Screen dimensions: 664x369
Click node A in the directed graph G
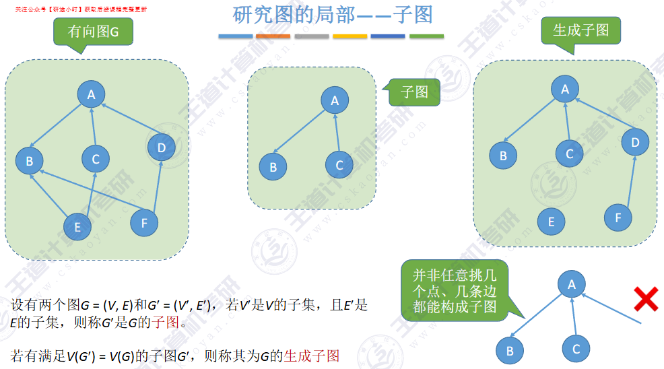point(92,94)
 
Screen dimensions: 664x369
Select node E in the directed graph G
point(77,227)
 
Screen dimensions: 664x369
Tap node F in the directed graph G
point(143,222)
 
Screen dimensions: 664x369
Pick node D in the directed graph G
point(161,147)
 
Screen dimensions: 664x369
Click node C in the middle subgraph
point(339,164)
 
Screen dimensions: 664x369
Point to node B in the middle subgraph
point(273,166)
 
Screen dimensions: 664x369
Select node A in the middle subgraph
point(335,101)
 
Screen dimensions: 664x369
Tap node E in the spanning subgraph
point(552,222)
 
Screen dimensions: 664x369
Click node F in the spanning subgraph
point(618,217)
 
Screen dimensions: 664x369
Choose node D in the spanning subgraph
point(635,141)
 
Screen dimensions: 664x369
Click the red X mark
point(646,298)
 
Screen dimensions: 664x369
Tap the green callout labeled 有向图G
point(92,32)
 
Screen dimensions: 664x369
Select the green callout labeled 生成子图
point(580,31)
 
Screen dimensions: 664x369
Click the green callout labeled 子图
point(414,92)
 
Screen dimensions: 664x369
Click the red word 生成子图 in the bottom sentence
point(312,356)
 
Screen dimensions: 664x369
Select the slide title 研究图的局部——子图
point(333,14)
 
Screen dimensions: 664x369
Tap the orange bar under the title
point(273,36)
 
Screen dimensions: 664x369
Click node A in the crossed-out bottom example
point(572,284)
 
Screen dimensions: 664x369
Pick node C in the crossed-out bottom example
point(576,349)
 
